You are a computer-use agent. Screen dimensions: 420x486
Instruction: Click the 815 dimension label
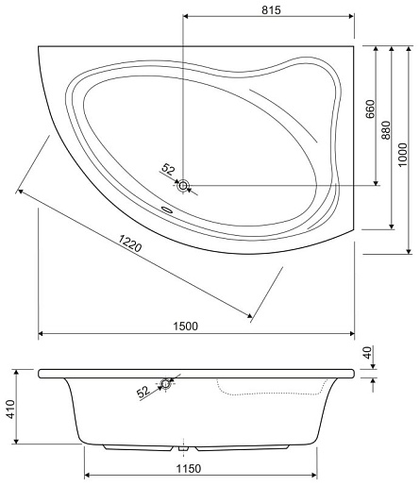271,9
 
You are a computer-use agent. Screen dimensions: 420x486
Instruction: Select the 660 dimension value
371,109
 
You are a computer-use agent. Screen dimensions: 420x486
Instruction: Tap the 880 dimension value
386,130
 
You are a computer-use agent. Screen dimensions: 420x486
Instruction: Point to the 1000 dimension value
402,155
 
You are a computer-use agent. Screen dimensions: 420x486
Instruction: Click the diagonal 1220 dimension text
130,243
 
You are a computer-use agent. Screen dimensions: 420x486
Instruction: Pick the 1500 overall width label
186,326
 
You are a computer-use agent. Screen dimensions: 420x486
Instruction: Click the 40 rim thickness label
367,352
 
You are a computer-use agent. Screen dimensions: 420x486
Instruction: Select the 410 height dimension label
11,409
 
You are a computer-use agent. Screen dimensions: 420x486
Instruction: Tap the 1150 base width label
188,468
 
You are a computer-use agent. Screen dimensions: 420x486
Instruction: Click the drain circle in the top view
182,186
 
